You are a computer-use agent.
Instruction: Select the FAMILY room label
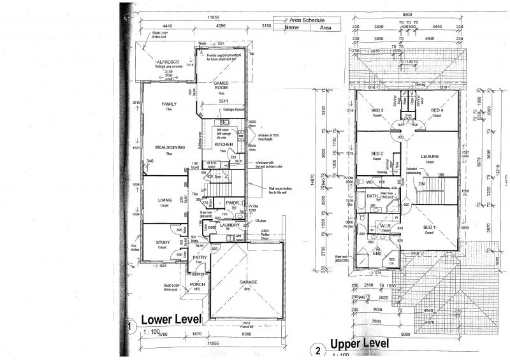point(168,104)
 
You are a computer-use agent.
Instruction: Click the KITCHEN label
point(224,145)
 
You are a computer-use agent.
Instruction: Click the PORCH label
point(197,284)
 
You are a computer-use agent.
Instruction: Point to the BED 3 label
point(376,110)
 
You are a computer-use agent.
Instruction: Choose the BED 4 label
point(437,110)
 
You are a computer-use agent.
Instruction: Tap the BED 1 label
point(430,227)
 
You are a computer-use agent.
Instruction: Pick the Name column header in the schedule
point(292,28)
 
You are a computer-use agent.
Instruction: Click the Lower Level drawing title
point(170,319)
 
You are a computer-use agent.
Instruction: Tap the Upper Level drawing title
point(359,345)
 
